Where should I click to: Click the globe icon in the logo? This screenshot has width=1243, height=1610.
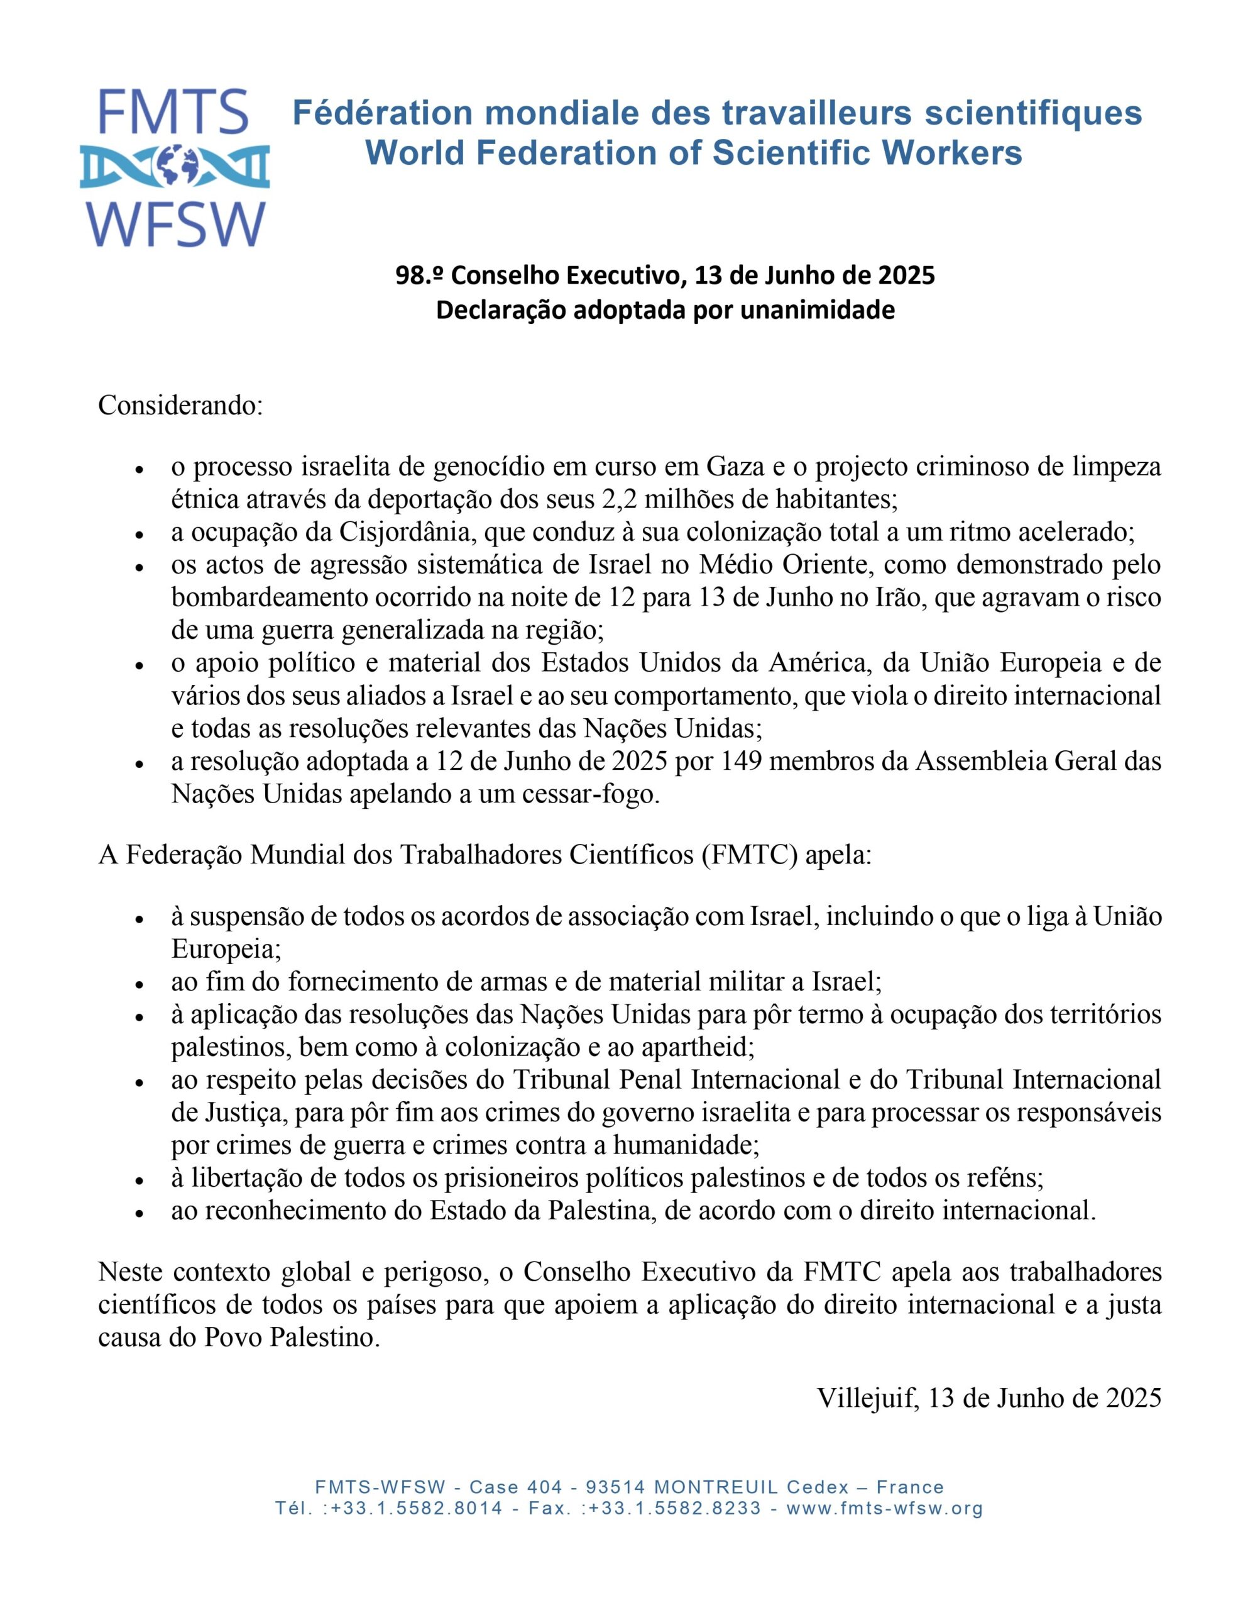coord(175,167)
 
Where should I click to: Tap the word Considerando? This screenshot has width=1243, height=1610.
coord(180,406)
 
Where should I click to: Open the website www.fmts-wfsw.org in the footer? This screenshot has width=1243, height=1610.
coord(885,1507)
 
